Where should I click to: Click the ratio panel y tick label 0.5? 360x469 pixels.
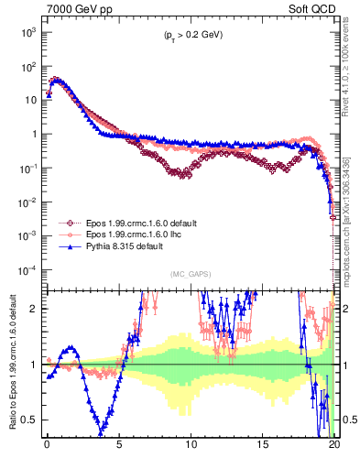[35, 420]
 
